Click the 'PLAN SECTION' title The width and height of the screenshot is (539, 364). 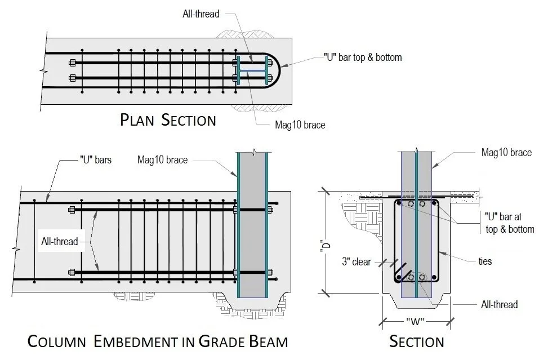168,119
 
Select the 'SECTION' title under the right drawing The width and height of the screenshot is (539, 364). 417,341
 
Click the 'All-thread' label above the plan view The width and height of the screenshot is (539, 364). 201,14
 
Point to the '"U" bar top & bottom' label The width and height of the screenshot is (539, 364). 363,57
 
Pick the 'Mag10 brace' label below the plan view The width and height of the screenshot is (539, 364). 300,125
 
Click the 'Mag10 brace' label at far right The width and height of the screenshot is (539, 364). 506,152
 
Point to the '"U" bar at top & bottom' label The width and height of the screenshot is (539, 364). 509,222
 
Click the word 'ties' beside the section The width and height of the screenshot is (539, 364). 484,261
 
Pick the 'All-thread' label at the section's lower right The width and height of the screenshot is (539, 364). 499,305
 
